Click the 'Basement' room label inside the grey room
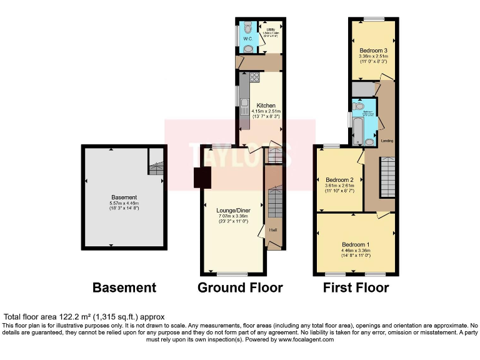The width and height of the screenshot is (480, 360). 124,196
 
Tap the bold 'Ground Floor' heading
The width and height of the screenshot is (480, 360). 240,288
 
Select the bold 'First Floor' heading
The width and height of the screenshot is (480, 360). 356,288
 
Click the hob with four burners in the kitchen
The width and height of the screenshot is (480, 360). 254,78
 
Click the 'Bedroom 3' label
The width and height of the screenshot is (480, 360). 374,50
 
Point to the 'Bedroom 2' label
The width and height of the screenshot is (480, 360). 339,180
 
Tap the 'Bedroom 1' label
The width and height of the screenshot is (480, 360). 356,244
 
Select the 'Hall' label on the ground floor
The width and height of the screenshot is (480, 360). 273,229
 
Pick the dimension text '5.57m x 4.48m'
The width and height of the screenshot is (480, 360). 124,203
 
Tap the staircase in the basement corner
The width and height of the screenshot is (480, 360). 156,166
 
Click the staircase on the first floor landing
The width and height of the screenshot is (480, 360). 388,177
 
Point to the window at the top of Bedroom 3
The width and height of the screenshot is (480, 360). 374,19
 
